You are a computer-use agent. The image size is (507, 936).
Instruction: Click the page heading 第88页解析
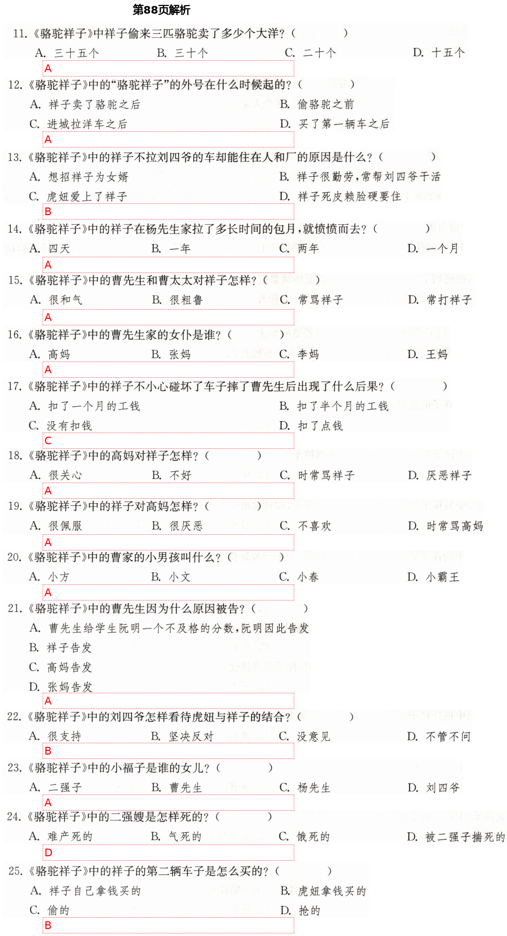[x=161, y=10]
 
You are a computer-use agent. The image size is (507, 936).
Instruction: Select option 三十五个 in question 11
[x=76, y=53]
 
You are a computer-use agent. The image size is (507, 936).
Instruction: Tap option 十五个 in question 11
[x=448, y=53]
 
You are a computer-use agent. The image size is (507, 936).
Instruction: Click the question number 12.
[x=15, y=85]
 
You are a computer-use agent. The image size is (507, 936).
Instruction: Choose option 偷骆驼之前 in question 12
[x=325, y=105]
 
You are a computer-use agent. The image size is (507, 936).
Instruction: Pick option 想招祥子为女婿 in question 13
[x=88, y=177]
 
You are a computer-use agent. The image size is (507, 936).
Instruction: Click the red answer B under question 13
[x=48, y=211]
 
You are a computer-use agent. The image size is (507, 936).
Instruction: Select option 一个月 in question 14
[x=442, y=249]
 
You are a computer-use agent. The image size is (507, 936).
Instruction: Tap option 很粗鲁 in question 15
[x=186, y=300]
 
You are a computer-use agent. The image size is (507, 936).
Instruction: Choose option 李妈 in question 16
[x=308, y=354]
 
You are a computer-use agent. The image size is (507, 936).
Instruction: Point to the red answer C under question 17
[x=48, y=441]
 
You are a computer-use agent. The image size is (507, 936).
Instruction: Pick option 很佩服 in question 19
[x=65, y=526]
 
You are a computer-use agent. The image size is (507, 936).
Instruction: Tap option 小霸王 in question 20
[x=442, y=577]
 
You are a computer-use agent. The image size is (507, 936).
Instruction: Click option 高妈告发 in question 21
[x=69, y=667]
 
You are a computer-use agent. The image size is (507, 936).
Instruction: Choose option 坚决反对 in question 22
[x=191, y=737]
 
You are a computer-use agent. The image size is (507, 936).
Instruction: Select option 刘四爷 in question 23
[x=442, y=788]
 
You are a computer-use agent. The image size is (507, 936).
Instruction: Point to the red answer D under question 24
[x=48, y=852]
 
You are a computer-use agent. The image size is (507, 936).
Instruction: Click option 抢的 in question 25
[x=309, y=911]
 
